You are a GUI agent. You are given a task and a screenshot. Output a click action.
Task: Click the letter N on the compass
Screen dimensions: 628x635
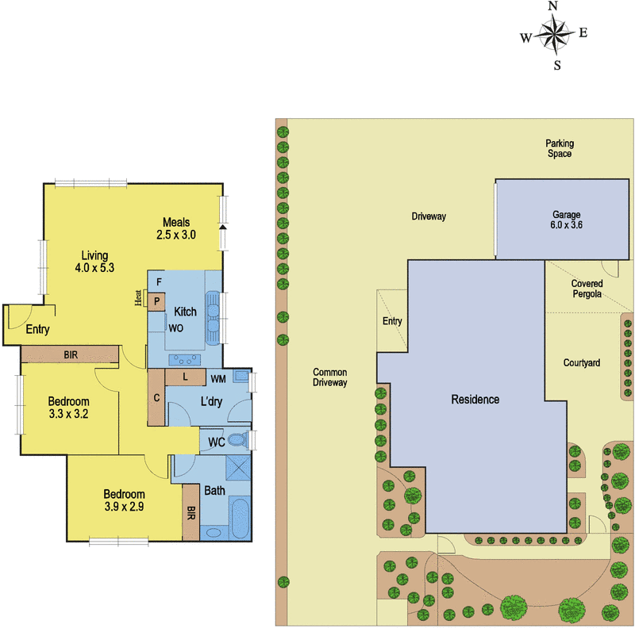pyautogui.click(x=553, y=6)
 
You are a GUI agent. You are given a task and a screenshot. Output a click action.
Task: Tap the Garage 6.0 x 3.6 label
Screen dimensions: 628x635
pyautogui.click(x=567, y=220)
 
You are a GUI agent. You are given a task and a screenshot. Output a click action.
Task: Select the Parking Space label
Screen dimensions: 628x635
pyautogui.click(x=559, y=148)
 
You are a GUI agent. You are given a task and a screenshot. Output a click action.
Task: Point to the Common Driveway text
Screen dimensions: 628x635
pyautogui.click(x=330, y=377)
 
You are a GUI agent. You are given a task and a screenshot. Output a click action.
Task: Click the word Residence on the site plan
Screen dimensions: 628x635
pyautogui.click(x=475, y=400)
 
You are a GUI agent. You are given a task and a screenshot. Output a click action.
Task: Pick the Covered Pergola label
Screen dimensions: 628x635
pyautogui.click(x=587, y=289)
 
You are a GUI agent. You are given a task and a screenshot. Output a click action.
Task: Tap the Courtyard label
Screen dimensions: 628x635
pyautogui.click(x=581, y=363)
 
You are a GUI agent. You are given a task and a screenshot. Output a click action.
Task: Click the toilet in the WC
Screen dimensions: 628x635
pyautogui.click(x=237, y=441)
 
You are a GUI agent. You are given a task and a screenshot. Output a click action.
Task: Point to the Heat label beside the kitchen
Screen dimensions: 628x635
pyautogui.click(x=137, y=298)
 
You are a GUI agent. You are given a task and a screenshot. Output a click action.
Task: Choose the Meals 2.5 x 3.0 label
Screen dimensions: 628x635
pyautogui.click(x=176, y=228)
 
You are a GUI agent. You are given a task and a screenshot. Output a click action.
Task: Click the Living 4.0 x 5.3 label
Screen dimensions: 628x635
pyautogui.click(x=94, y=262)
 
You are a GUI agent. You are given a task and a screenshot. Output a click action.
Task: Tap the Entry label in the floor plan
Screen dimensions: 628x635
pyautogui.click(x=39, y=330)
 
